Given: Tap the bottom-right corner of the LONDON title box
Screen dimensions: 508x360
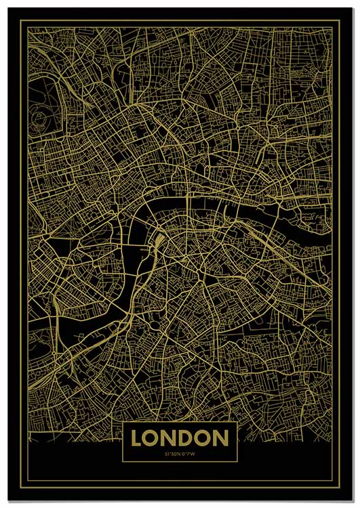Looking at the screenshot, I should coord(237,463).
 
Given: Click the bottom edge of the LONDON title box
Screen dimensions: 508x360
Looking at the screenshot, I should coord(180,463).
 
